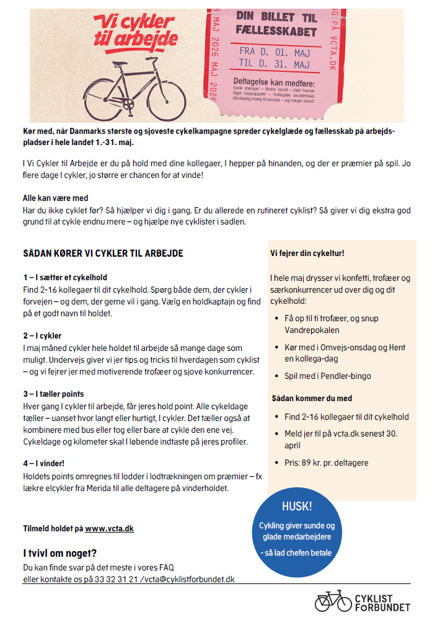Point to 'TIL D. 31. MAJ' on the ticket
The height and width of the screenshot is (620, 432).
(273, 63)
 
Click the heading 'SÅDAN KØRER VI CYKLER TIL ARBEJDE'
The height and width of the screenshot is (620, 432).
(103, 254)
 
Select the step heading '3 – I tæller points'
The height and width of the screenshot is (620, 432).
(53, 394)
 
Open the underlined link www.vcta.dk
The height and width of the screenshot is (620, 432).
(109, 529)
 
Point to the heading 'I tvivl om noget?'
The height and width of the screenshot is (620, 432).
(60, 553)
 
